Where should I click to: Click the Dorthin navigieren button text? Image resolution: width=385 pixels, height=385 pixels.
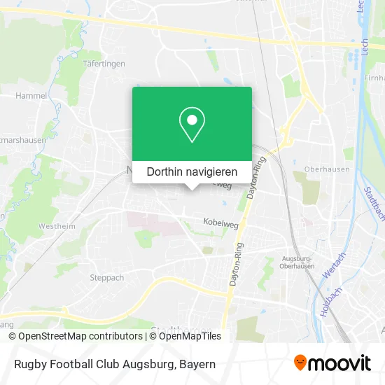(192, 171)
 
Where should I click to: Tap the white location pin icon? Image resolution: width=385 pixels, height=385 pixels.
(192, 125)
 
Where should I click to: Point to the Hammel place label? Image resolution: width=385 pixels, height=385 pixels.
(31, 95)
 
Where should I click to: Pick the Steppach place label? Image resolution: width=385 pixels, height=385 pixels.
(106, 277)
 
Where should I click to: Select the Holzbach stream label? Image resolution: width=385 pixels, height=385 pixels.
(327, 303)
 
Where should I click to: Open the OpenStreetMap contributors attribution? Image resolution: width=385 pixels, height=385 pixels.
(75, 336)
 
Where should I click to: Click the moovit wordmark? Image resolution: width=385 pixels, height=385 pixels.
(341, 363)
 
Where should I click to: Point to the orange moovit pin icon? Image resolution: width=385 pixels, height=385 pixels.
(300, 363)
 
